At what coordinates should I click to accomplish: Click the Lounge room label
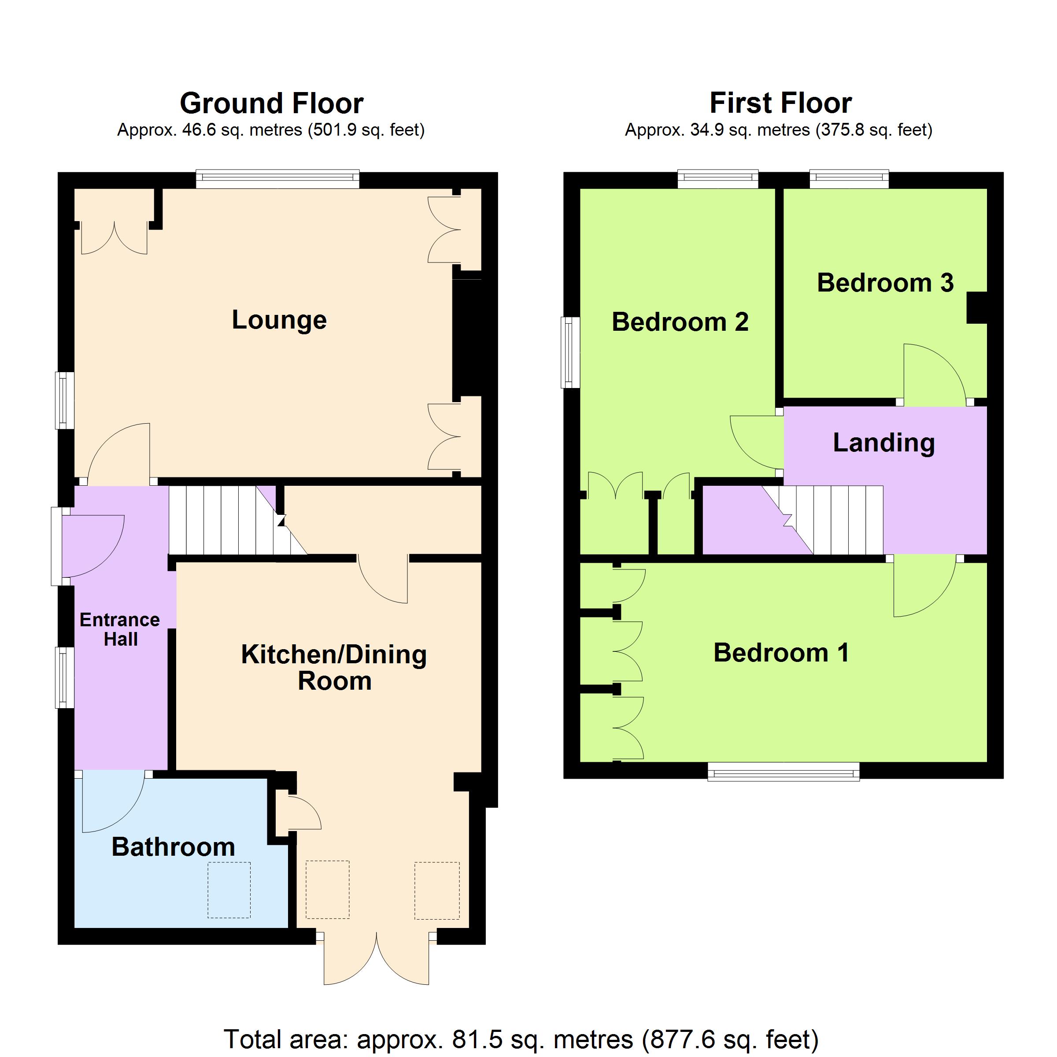coord(279,320)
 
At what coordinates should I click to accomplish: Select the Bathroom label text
coord(174,847)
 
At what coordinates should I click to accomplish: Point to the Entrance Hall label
coord(120,629)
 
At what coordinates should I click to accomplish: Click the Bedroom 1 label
coord(781,653)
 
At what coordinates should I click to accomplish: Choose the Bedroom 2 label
coord(680,322)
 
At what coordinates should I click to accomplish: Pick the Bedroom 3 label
coord(885,283)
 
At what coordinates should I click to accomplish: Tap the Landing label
coord(883,443)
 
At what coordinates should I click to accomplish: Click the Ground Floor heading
coord(271,103)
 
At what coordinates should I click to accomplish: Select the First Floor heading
coord(781,103)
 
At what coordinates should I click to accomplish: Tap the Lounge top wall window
coord(277,179)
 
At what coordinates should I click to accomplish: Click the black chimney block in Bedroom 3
coord(977,308)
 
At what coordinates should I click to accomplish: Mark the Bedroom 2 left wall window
coord(571,352)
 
